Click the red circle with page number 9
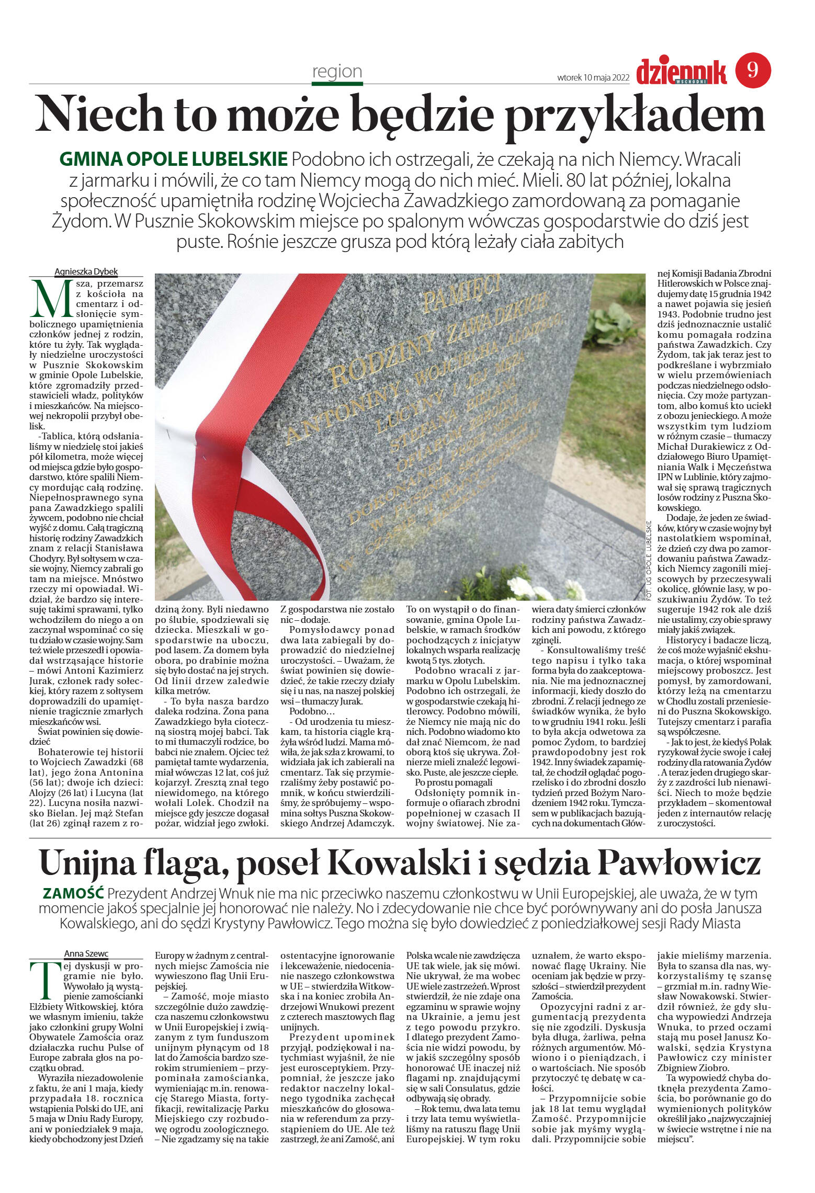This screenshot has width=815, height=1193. tap(753, 70)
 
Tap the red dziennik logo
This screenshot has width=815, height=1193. tap(681, 72)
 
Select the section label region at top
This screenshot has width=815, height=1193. tap(337, 71)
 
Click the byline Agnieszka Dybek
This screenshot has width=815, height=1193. tap(86, 271)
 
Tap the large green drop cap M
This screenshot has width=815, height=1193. tap(51, 299)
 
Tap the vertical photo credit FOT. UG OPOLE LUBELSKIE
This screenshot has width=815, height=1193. tap(650, 560)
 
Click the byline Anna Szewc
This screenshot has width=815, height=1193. tap(86, 953)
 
